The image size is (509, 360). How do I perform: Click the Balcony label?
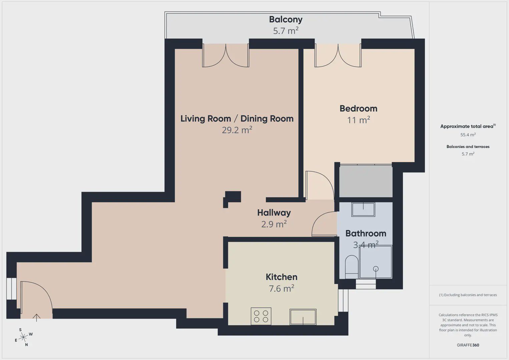(286, 20)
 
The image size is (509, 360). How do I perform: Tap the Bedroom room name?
(358, 109)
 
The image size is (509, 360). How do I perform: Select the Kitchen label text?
(282, 277)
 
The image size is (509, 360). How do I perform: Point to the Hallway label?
(274, 213)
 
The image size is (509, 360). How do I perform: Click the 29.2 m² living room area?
(237, 130)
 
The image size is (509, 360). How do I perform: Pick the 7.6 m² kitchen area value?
(282, 288)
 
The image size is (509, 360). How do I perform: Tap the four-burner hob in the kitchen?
(261, 316)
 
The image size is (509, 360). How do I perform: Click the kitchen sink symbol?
(303, 317)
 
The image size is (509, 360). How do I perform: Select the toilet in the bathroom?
(352, 267)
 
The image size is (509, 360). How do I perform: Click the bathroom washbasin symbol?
(363, 209)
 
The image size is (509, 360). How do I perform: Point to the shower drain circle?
(376, 269)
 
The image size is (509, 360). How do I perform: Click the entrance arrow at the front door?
(36, 318)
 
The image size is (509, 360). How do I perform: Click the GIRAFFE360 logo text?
(468, 345)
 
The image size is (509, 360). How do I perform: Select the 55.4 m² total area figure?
(468, 135)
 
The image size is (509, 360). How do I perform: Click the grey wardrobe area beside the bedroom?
(366, 181)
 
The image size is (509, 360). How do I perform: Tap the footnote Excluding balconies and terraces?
(468, 295)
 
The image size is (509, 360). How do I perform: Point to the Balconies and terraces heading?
(468, 146)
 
